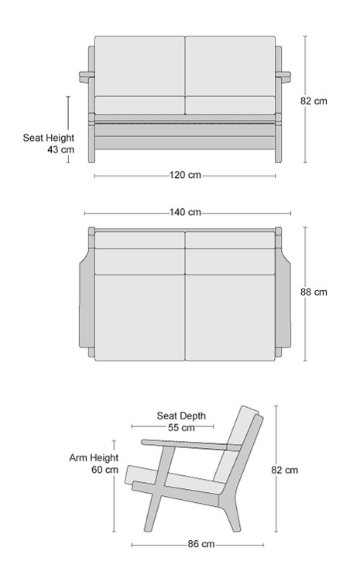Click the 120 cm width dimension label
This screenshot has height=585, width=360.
click(185, 175)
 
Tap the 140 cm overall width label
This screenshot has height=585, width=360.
click(185, 212)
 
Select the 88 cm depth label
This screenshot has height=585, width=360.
click(314, 292)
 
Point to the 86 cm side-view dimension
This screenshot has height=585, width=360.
click(201, 544)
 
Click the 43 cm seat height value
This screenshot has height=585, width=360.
click(61, 149)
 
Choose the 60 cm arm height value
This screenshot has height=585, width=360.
click(105, 470)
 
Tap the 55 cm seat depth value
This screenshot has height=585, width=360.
click(181, 428)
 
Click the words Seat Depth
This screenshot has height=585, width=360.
click(181, 416)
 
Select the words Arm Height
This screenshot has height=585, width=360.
click(94, 458)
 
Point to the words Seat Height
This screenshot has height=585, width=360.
click(49, 138)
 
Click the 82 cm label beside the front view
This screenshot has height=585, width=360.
click(314, 101)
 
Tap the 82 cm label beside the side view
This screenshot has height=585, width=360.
click(285, 470)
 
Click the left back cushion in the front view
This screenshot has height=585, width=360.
click(139, 66)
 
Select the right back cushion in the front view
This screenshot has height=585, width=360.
click(230, 66)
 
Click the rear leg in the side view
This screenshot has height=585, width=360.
click(231, 513)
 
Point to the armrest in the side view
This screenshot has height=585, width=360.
click(190, 444)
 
